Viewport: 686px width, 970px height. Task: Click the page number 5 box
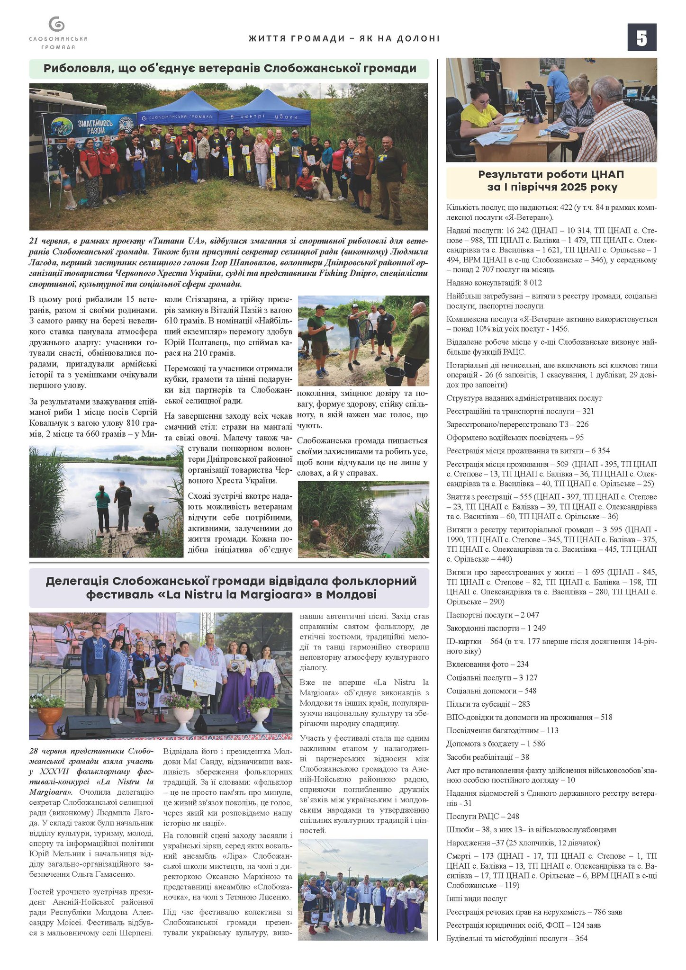coord(641,37)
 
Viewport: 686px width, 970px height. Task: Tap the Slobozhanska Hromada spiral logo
coord(57,24)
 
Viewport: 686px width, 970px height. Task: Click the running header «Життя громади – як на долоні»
coord(344,38)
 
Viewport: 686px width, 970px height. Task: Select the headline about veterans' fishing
coord(230,69)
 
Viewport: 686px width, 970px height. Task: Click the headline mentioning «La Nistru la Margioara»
coord(230,588)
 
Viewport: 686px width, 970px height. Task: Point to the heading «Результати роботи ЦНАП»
coord(551,180)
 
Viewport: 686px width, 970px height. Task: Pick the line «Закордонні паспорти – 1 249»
coord(496,628)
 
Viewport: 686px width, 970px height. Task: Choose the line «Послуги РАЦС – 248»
coord(483,816)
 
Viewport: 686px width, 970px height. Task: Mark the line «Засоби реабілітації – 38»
coord(487,757)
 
